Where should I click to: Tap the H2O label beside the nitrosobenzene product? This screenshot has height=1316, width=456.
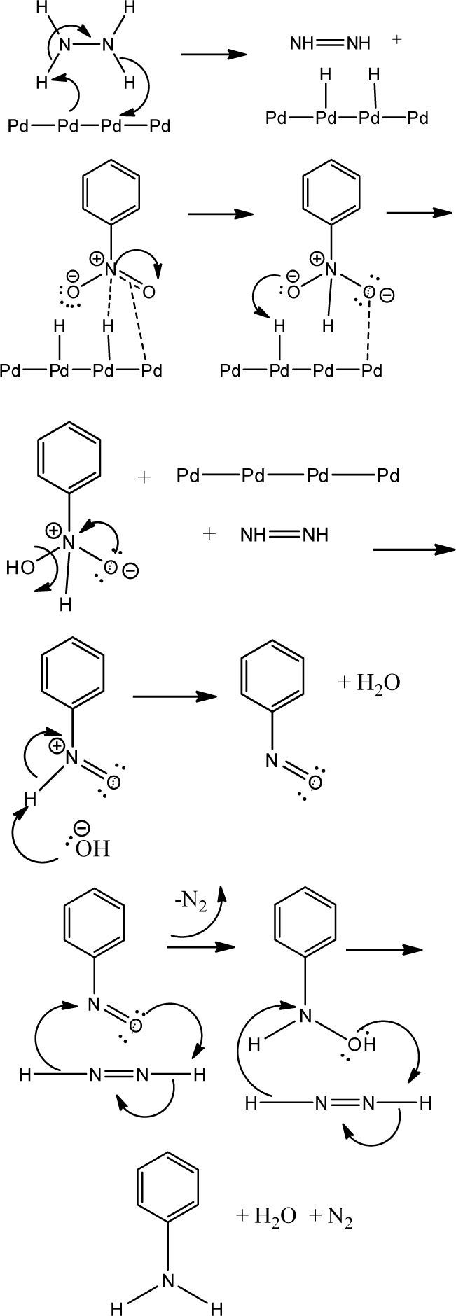[369, 682]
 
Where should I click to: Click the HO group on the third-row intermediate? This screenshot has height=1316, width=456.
[20, 568]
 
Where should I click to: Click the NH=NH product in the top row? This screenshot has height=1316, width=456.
[329, 43]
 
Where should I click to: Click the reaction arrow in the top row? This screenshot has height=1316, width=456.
[215, 54]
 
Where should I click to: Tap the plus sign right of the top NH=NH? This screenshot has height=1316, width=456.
[397, 40]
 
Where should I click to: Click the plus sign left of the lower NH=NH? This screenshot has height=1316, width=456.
[209, 534]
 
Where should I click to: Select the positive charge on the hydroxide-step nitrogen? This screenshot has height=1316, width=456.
[55, 748]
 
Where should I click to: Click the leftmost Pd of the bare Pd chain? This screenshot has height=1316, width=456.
[188, 477]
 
